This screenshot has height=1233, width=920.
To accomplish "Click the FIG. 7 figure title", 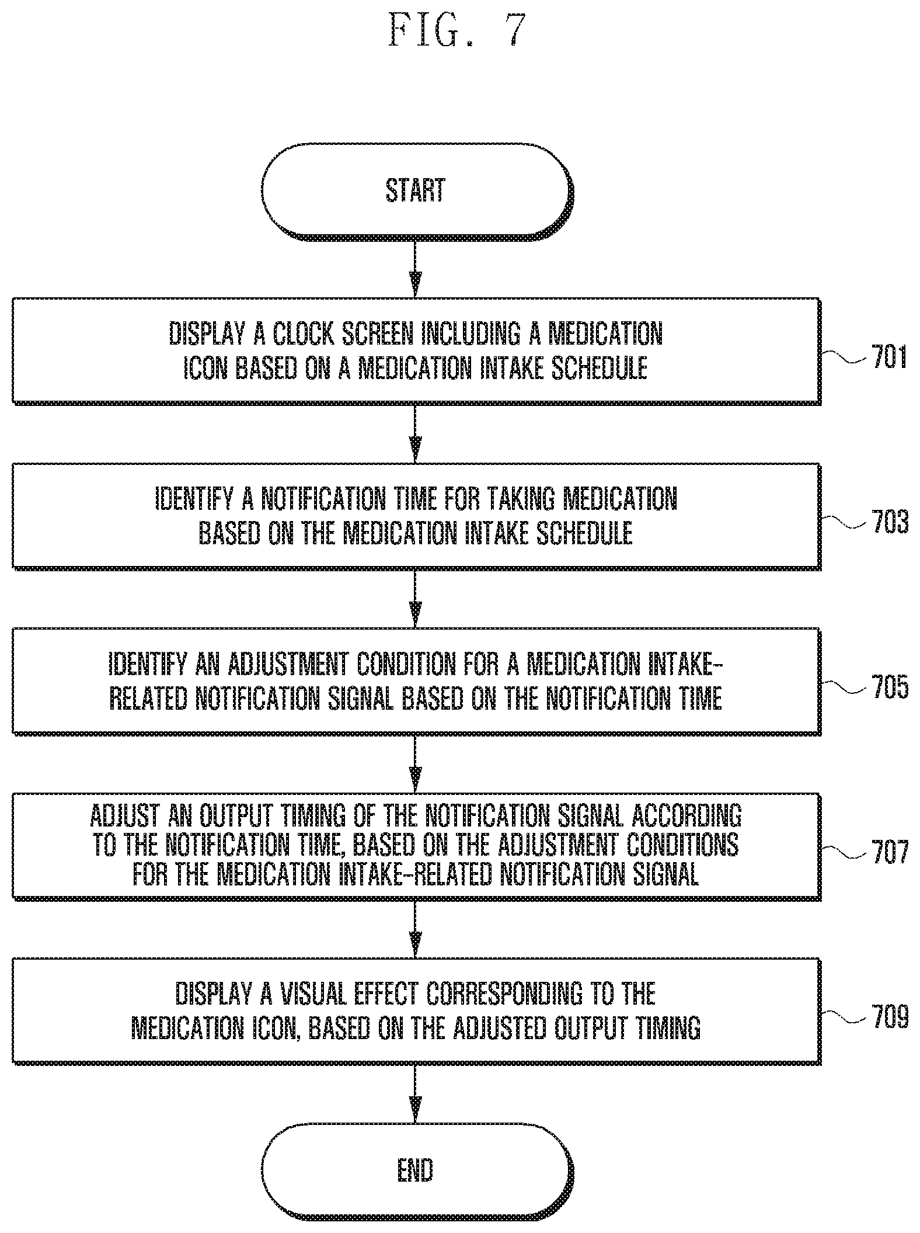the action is coord(457,30).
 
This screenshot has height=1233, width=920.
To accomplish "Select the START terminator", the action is coord(417,192).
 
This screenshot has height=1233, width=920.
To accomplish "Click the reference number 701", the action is coord(889,357).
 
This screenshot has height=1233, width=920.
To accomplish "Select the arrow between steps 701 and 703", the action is coord(415,433).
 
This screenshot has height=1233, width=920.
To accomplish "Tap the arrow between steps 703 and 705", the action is coord(415,598).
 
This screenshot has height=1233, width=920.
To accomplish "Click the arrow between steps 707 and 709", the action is coord(415,928).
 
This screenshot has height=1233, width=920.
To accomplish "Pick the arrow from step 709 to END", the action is coord(415,1093).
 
